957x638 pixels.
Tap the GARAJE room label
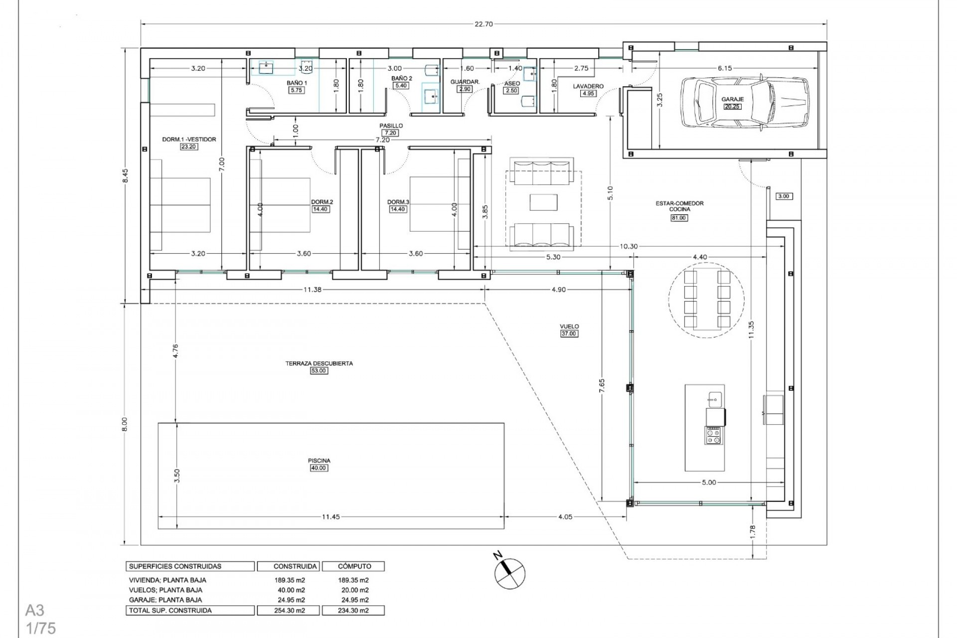[x=732, y=99]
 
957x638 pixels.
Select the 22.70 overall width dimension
[x=483, y=24]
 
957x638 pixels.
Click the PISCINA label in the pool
[x=319, y=461]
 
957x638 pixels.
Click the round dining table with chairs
[x=706, y=300]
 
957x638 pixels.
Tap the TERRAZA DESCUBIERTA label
[x=319, y=363]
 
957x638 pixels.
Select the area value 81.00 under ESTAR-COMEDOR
[x=679, y=218]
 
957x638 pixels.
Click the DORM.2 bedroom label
[x=322, y=202]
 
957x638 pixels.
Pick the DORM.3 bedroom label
[x=398, y=202]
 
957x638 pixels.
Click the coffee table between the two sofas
[x=544, y=202]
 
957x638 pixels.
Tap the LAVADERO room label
[x=588, y=86]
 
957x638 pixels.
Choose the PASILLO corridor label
[x=391, y=126]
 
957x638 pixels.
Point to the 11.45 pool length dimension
[x=330, y=517]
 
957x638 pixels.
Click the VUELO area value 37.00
[x=569, y=334]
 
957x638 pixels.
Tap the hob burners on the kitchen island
[x=714, y=436]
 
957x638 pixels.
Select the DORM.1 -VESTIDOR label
[x=189, y=140]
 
